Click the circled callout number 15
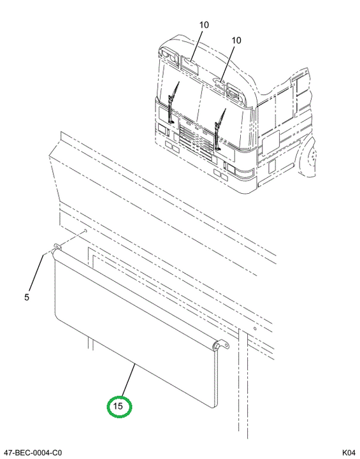119,406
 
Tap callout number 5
27,297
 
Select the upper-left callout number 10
205,25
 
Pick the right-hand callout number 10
236,40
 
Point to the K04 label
349,452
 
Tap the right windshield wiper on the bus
220,130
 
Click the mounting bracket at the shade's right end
222,346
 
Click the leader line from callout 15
127,380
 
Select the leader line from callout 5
36,273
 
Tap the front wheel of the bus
309,158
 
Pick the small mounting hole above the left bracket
85,231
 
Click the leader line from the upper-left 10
196,45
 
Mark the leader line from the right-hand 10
227,63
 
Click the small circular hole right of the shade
255,329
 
